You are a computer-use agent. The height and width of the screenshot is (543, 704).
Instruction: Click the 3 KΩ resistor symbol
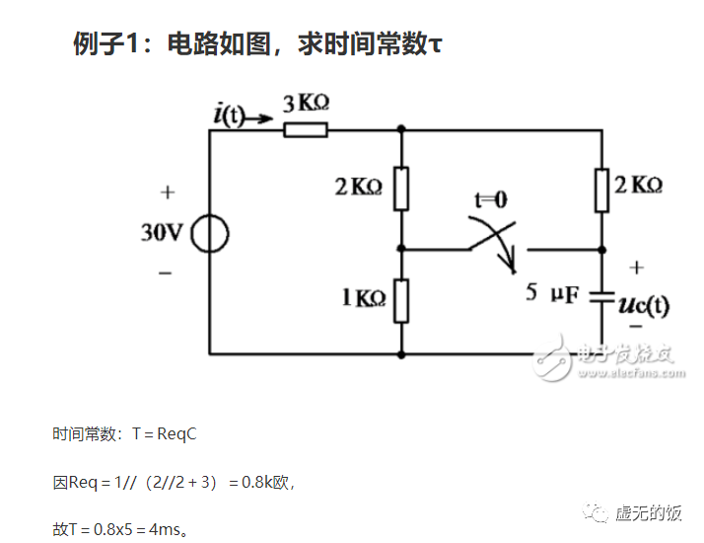click(x=306, y=129)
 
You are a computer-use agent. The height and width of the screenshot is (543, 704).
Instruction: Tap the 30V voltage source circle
click(x=210, y=234)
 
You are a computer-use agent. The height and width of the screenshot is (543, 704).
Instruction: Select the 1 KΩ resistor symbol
click(x=401, y=300)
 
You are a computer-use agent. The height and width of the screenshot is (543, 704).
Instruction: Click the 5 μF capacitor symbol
click(x=601, y=299)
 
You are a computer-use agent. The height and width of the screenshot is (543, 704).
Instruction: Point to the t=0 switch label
click(x=490, y=200)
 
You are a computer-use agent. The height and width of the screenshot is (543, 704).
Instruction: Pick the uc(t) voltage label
click(x=643, y=305)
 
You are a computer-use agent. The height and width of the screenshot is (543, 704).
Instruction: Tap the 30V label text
click(x=162, y=234)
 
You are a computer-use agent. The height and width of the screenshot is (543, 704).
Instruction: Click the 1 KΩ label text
click(x=363, y=297)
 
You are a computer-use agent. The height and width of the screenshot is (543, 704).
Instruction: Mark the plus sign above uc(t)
click(x=636, y=267)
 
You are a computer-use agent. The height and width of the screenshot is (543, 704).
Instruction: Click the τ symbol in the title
click(x=436, y=45)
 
